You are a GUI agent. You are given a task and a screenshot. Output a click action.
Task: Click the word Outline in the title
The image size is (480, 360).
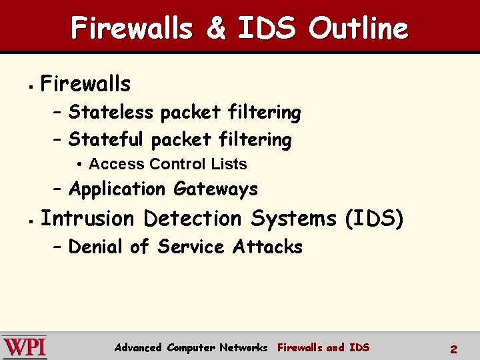358,29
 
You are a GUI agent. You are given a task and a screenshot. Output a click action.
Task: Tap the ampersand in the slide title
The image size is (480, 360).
215,29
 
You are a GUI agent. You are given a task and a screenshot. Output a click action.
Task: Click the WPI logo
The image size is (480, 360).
24,347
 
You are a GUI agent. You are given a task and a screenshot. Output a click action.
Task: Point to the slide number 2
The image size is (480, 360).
453,348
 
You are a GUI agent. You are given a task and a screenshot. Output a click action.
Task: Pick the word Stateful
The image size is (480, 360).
106,139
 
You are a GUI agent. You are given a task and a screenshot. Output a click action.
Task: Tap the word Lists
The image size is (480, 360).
229,164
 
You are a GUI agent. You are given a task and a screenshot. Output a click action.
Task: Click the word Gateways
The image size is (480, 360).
215,189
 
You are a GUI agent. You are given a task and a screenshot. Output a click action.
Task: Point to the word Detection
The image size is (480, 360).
193,219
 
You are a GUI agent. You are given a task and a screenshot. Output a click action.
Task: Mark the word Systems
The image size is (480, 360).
294,219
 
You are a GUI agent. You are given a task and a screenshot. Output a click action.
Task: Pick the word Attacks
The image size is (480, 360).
267,247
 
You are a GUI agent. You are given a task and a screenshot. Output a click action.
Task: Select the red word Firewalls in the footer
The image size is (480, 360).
299,347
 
